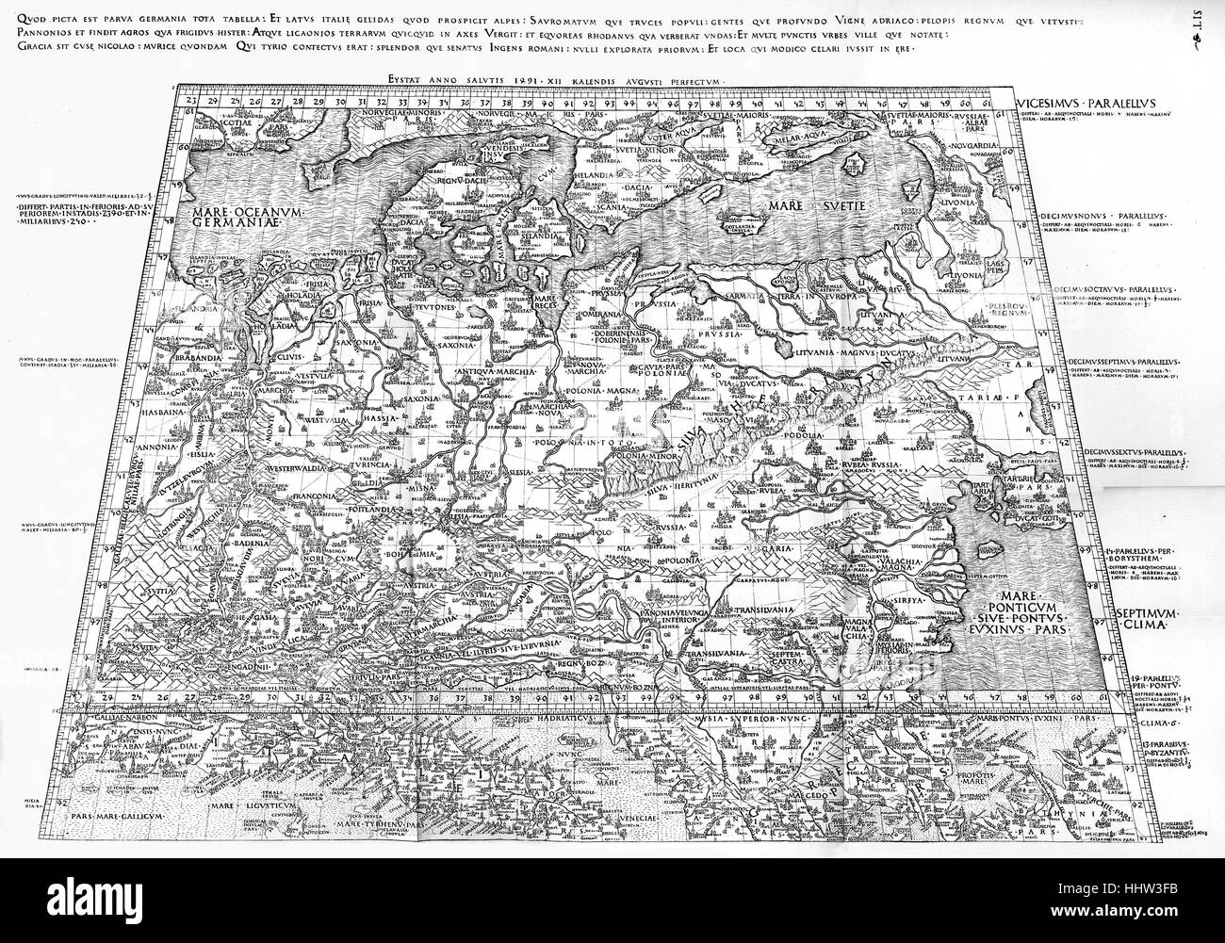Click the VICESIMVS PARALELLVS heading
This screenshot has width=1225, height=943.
pos(1086,101)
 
